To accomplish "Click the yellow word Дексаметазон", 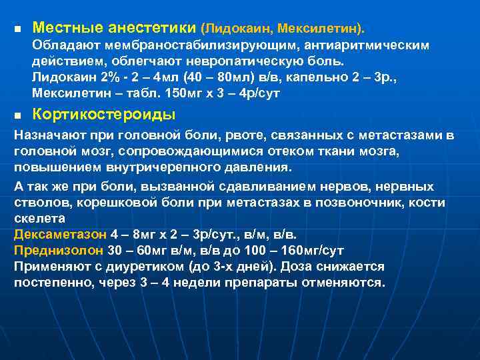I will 56,235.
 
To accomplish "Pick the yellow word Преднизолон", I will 58,251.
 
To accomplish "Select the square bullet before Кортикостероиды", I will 18,114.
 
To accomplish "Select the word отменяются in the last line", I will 347,282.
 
